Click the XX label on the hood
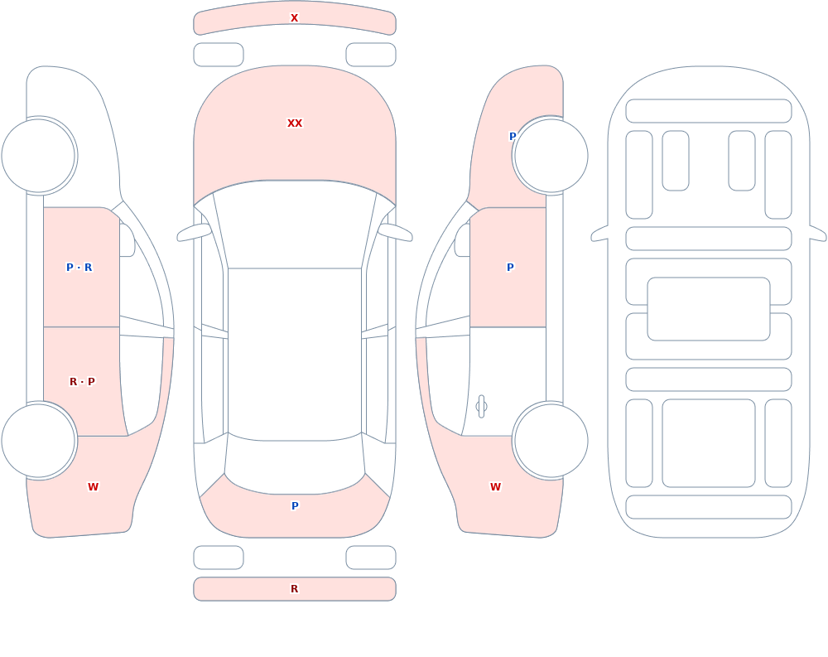[x=295, y=123]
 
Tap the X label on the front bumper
[x=295, y=18]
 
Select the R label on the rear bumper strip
[x=295, y=589]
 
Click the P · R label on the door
[x=79, y=268]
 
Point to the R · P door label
[x=82, y=382]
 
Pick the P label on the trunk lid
[x=296, y=506]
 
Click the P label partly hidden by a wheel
[x=513, y=137]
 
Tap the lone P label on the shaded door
[x=510, y=268]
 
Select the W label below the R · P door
[x=93, y=487]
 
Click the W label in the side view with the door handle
[x=495, y=487]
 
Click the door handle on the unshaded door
[x=481, y=407]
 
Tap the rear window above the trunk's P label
[x=295, y=465]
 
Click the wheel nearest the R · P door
[x=39, y=441]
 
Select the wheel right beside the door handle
[x=551, y=441]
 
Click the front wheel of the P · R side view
[x=39, y=156]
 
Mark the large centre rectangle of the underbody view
[x=709, y=309]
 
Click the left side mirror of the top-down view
[x=195, y=232]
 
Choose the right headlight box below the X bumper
[x=371, y=55]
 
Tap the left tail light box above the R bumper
[x=219, y=558]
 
